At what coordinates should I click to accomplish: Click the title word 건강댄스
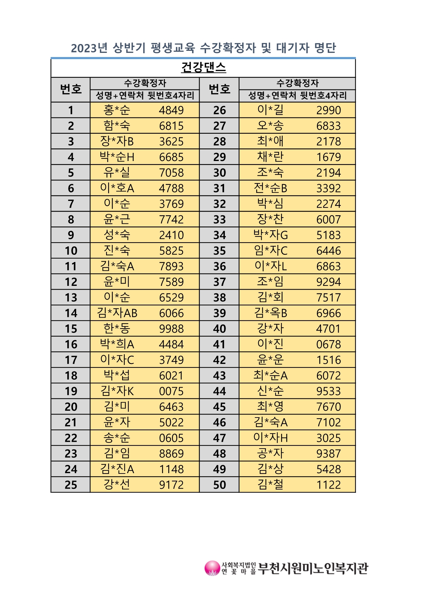203,67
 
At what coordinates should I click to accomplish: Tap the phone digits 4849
171,110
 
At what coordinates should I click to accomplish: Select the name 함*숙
117,126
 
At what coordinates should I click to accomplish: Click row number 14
71,313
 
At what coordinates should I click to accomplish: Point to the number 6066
171,313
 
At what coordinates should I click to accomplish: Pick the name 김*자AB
117,313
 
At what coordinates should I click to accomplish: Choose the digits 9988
171,329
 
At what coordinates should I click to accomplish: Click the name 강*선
117,485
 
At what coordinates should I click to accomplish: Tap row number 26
219,110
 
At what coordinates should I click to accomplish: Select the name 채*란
270,157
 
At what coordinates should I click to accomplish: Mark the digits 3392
329,188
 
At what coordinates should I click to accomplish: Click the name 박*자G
271,235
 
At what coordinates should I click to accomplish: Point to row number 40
219,329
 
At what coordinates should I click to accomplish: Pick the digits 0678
329,345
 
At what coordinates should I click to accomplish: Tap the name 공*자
270,453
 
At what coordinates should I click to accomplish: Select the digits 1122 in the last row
329,485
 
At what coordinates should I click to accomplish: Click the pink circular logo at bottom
212,568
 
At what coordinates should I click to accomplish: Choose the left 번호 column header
71,89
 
